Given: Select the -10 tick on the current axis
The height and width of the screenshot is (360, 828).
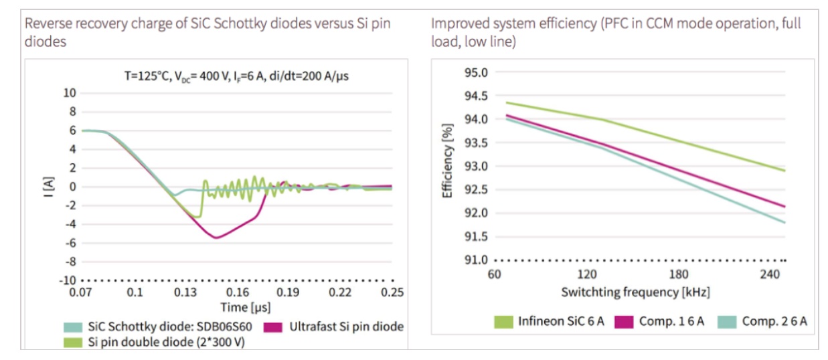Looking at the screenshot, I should click(x=69, y=280).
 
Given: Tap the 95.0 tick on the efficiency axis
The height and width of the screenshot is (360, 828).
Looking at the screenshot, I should click(x=477, y=72).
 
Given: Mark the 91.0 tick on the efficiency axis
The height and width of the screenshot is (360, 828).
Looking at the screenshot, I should click(x=477, y=260).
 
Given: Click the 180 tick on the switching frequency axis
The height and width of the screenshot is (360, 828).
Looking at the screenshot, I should click(x=679, y=274).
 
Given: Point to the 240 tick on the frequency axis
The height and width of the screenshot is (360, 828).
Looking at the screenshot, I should click(x=770, y=274).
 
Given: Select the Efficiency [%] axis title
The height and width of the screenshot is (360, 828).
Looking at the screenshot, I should click(x=448, y=160).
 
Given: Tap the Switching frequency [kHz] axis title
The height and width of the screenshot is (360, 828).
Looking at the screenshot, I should click(x=635, y=292).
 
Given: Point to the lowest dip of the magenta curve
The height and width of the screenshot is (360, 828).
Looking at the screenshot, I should click(x=216, y=238).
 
